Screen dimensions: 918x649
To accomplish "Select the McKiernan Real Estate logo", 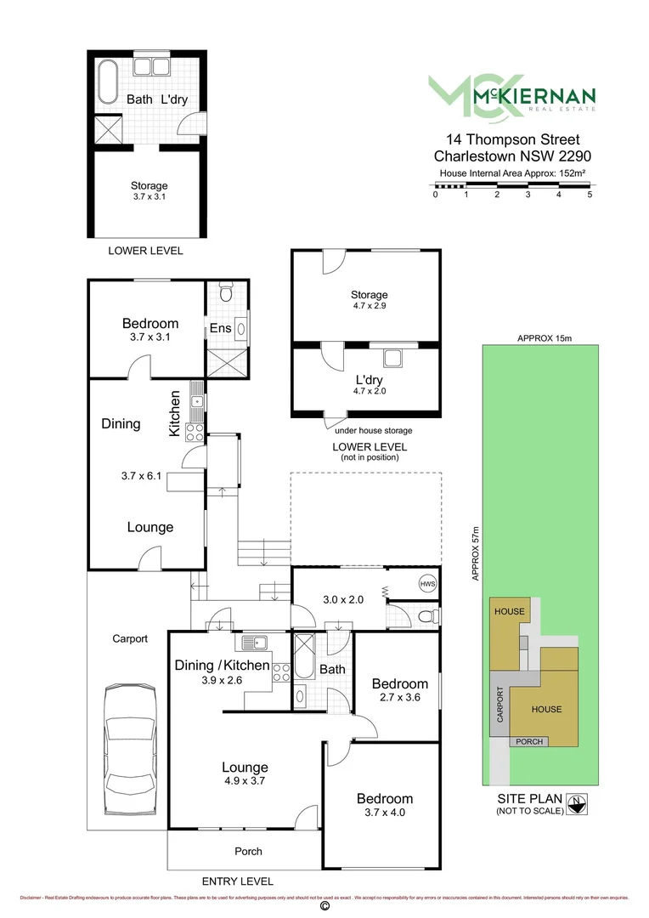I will pyautogui.click(x=511, y=95).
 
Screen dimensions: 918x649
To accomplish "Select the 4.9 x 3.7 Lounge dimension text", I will pyautogui.click(x=245, y=782).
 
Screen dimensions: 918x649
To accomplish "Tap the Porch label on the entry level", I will pyautogui.click(x=248, y=851).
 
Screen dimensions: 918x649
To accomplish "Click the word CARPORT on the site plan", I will pyautogui.click(x=499, y=705).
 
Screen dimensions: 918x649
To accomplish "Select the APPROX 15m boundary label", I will pyautogui.click(x=545, y=337).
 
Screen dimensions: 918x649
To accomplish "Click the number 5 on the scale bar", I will pyautogui.click(x=590, y=195).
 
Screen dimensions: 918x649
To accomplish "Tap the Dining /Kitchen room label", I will pyautogui.click(x=223, y=666).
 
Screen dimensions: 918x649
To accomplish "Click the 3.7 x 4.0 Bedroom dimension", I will pyautogui.click(x=384, y=813).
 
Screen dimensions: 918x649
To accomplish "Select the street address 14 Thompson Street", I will pyautogui.click(x=507, y=139).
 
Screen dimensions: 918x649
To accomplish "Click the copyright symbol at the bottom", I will pyautogui.click(x=323, y=907).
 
